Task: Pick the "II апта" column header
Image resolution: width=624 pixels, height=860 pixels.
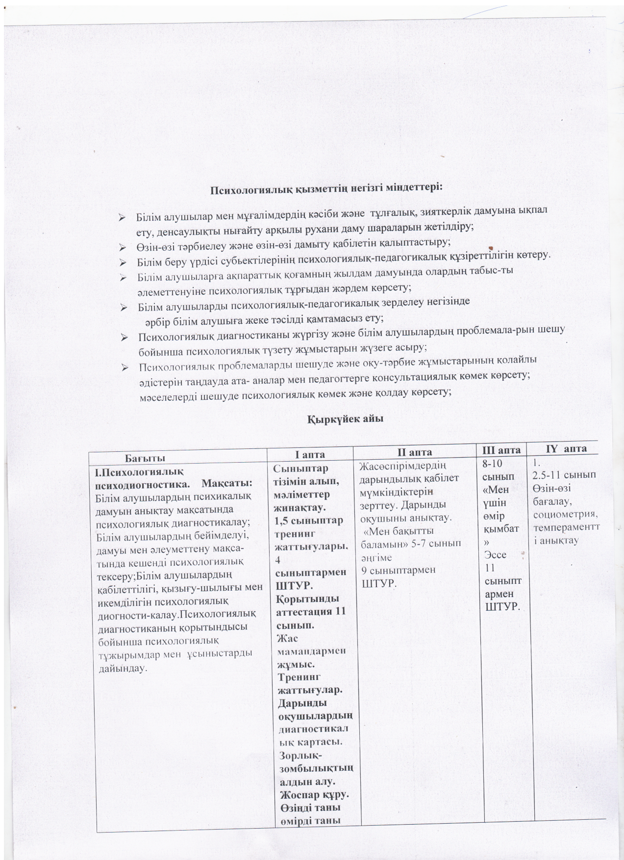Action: click(x=414, y=452)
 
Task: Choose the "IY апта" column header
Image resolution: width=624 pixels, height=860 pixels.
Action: click(x=566, y=448)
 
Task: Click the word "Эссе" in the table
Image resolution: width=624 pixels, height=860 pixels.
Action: click(x=495, y=555)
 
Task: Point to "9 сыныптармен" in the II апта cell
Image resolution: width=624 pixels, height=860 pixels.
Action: click(x=398, y=570)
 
